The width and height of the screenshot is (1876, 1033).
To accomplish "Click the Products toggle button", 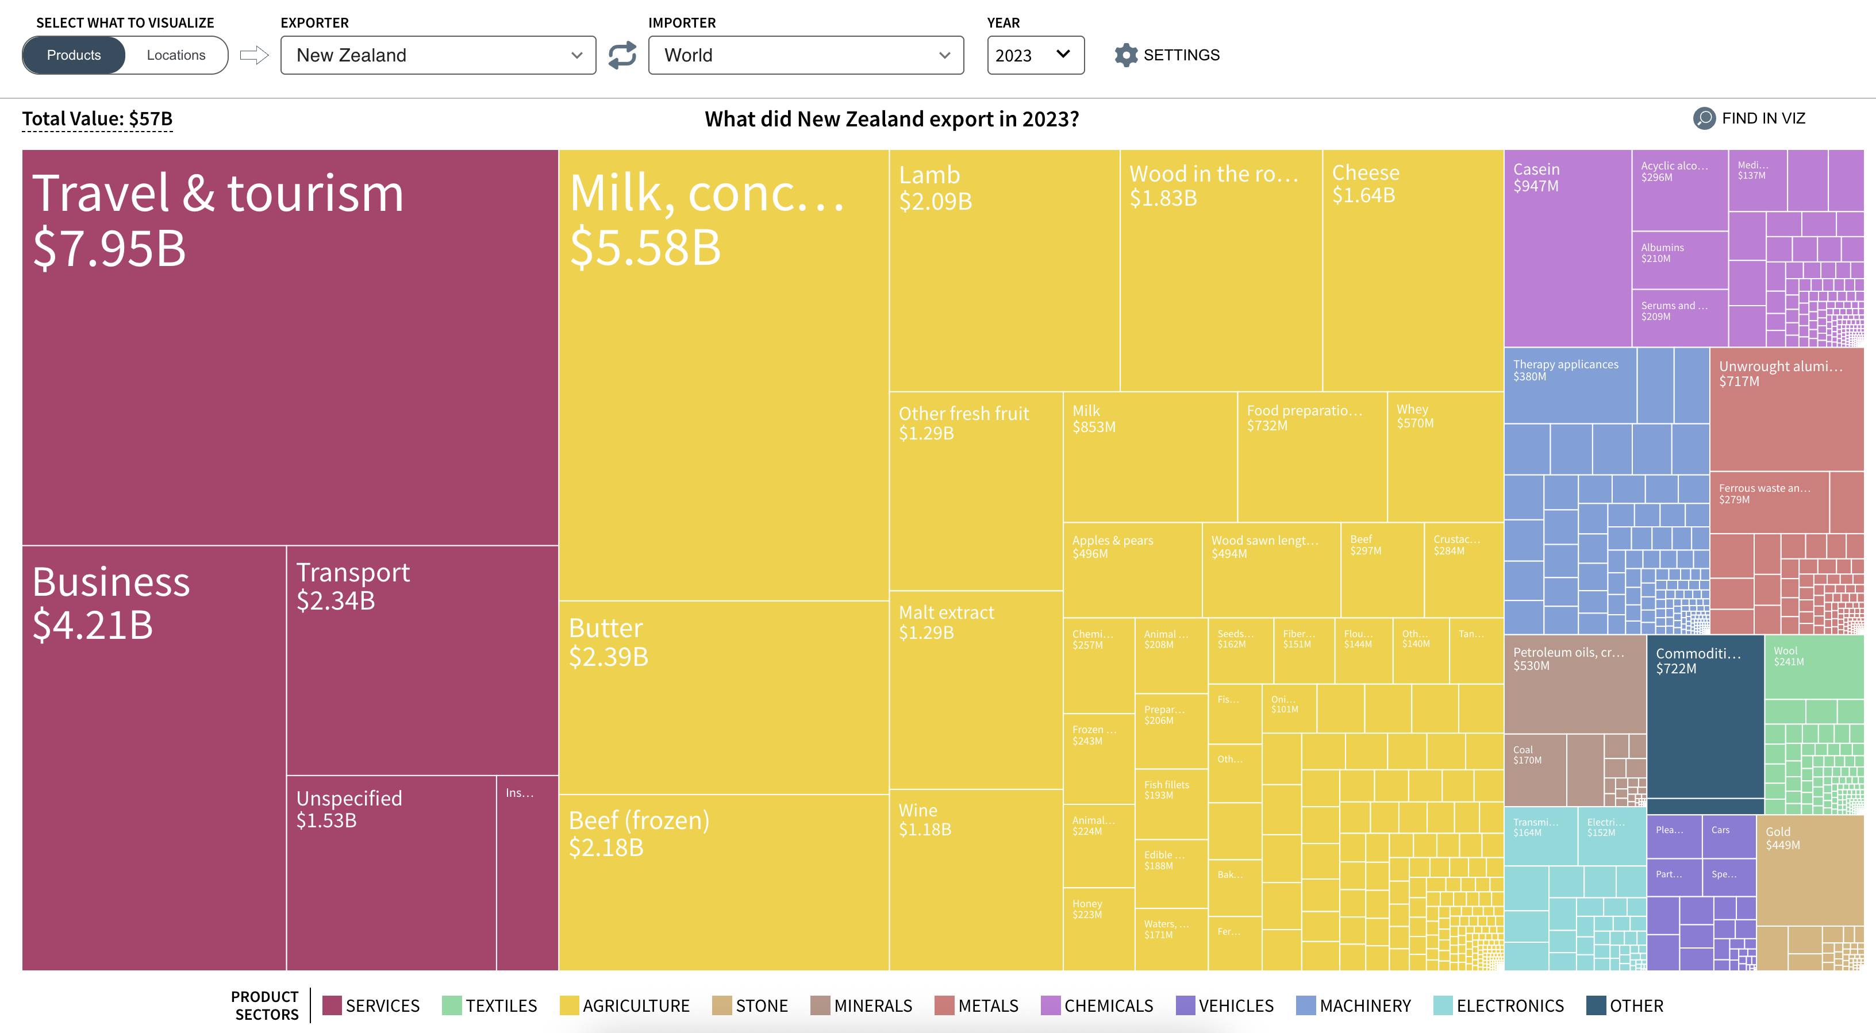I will (x=74, y=55).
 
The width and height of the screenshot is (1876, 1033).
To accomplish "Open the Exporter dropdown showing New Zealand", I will (x=438, y=55).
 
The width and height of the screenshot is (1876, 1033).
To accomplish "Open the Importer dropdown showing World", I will (x=805, y=55).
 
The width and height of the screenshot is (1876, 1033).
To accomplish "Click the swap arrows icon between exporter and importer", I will (x=622, y=55).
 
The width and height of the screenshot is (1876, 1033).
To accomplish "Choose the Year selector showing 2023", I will (x=1035, y=55).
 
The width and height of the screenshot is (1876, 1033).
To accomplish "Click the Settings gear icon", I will (x=1126, y=55).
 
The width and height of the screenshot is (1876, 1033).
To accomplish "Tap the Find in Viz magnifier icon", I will (x=1704, y=118).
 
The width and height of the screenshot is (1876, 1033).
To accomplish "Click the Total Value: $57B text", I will (x=97, y=119).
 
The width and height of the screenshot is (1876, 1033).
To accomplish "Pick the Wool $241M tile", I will (x=1813, y=666).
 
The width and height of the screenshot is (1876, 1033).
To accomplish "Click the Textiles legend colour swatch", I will (x=452, y=1005).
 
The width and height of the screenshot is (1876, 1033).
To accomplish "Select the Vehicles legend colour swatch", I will (x=1185, y=1005).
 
